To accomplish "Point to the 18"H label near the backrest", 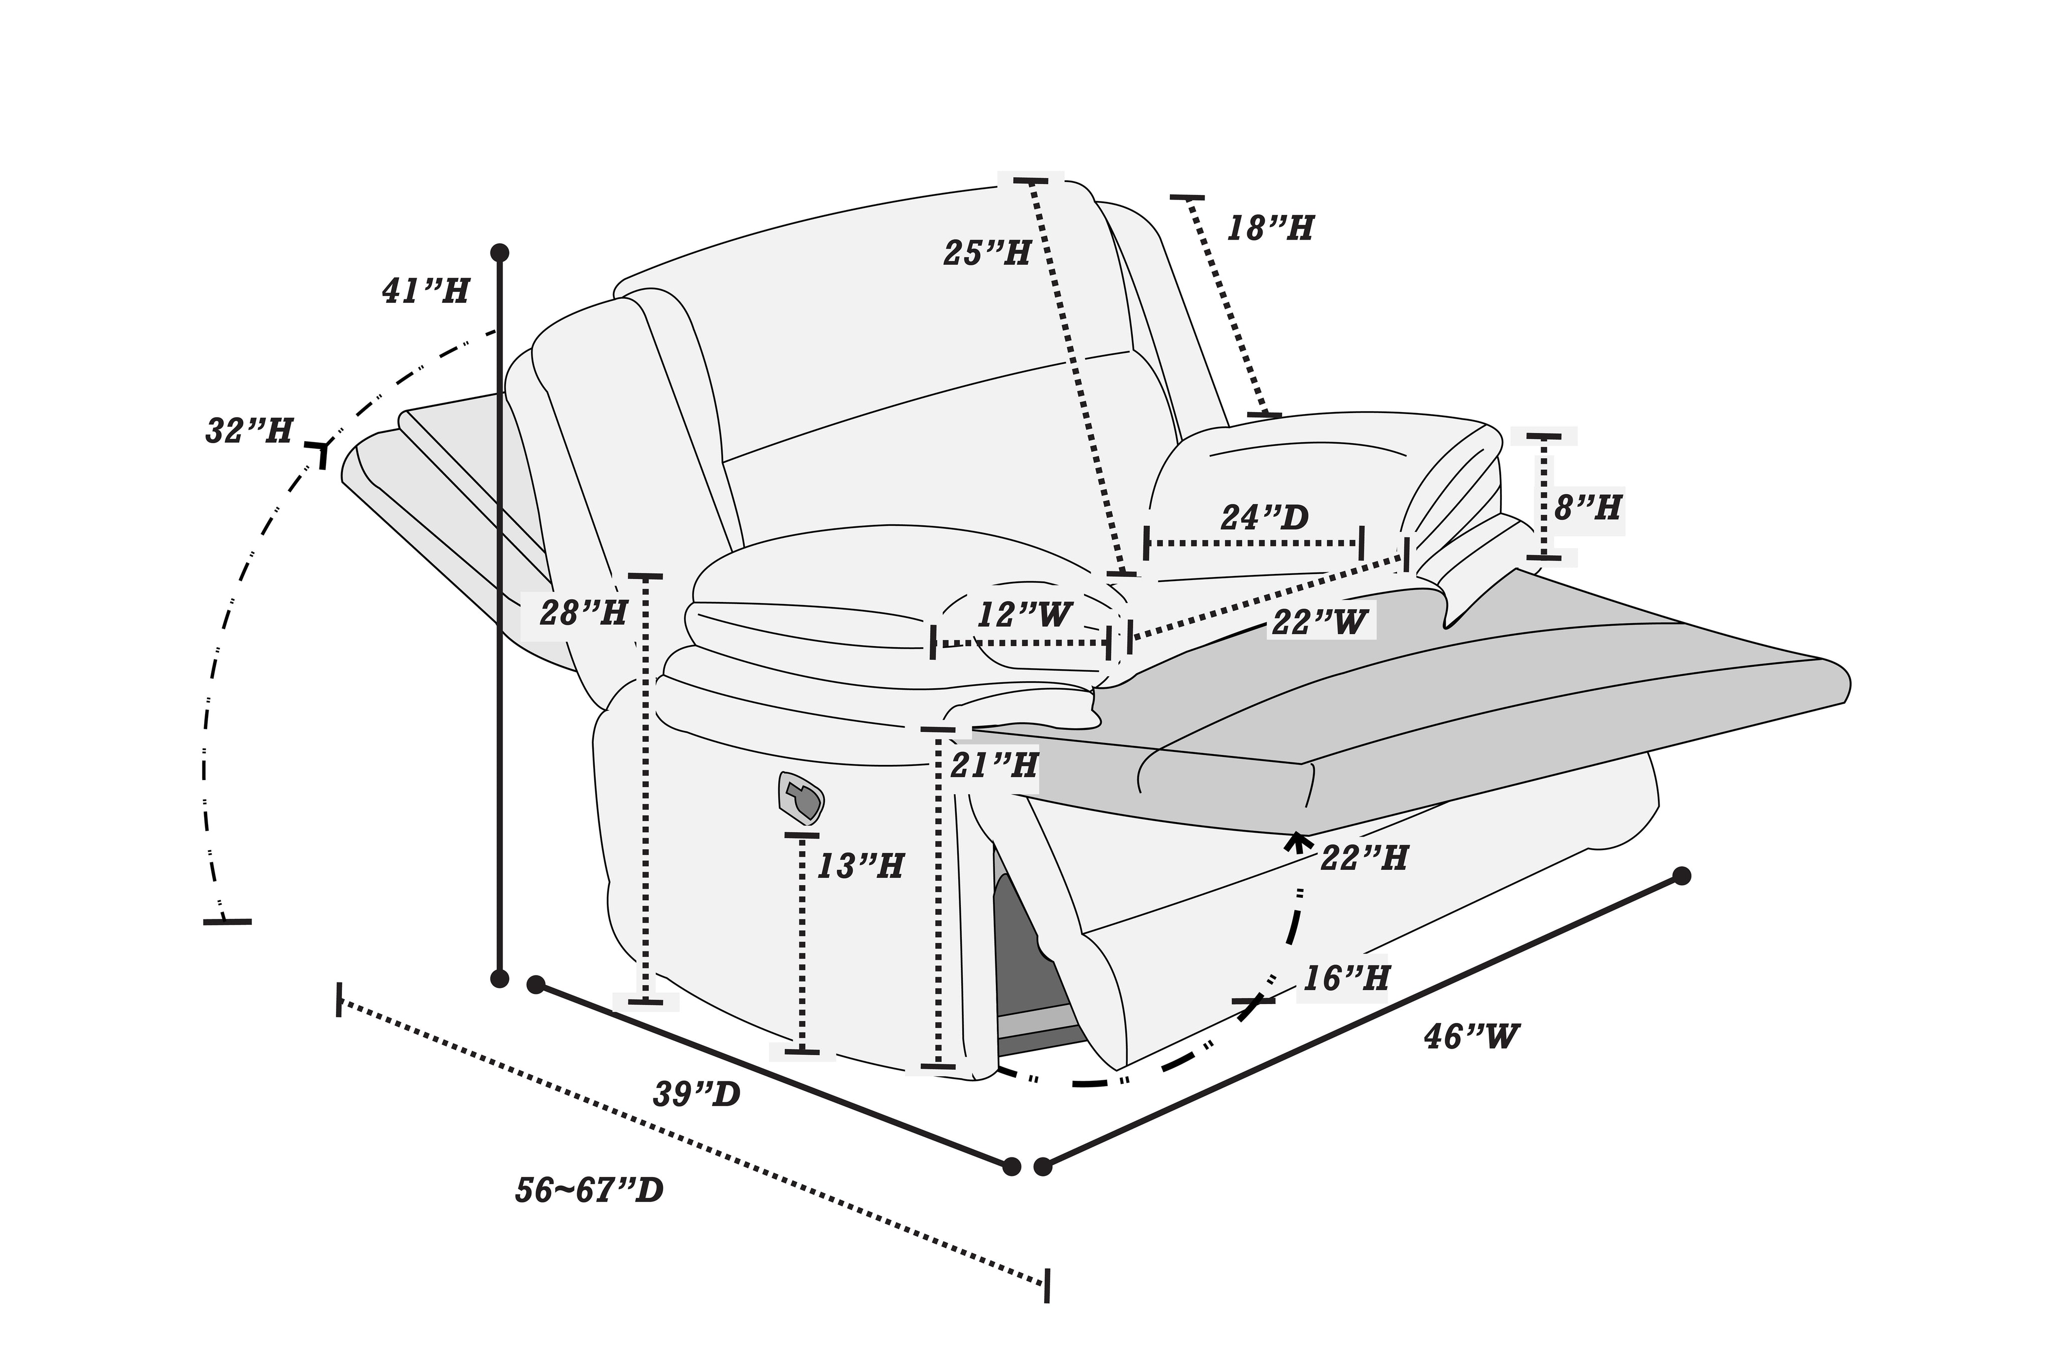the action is [1271, 229].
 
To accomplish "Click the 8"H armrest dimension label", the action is [1588, 507].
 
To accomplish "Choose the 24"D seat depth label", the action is [1265, 518].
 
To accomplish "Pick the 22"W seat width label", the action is [1319, 622].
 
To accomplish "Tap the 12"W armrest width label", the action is [1023, 615].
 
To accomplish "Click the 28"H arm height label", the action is [583, 613].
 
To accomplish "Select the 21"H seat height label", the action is [994, 765].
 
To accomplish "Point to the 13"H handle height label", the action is [860, 866].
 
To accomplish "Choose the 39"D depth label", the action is [697, 1094].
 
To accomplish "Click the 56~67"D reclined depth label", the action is [590, 1190].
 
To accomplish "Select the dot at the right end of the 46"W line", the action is [1681, 876].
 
